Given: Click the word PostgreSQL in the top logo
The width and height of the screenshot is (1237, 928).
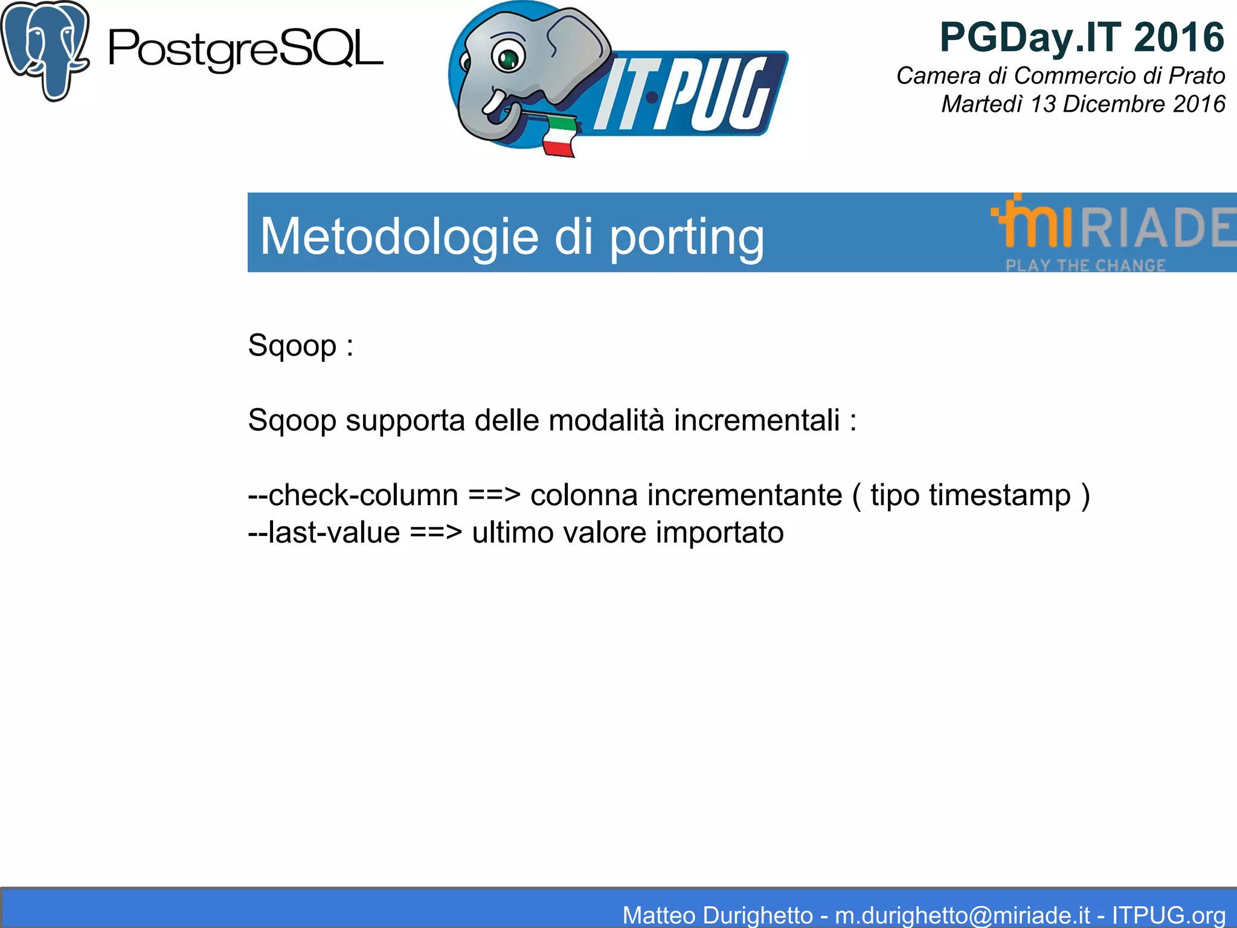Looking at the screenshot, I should [245, 50].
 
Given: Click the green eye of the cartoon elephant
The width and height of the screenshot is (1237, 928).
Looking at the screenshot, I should [509, 58].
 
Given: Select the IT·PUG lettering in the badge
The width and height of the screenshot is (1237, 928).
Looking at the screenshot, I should [683, 94].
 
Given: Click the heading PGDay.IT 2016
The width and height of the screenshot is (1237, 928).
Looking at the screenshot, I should [1081, 37].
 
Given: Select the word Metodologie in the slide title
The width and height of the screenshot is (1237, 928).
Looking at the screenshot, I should [399, 236].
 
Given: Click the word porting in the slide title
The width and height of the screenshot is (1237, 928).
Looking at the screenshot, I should [686, 237].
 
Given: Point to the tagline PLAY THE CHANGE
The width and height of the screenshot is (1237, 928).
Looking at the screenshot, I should [1085, 265].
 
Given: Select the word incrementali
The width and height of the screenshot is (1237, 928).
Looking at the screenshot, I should [756, 420].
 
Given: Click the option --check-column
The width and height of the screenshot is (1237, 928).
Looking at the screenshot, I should [353, 495].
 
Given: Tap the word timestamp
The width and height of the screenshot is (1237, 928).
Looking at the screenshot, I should [1000, 495].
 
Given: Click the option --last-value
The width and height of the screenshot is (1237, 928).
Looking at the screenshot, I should [324, 532].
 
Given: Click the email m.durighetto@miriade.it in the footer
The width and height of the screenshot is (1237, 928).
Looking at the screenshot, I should [962, 915].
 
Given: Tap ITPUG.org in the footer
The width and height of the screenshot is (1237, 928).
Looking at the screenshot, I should [1168, 915].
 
